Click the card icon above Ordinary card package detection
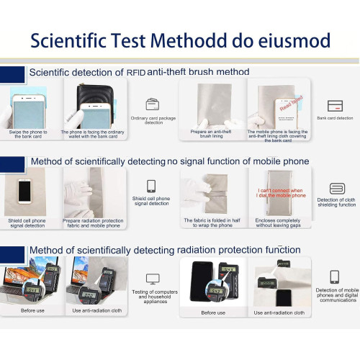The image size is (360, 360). (x=153, y=104)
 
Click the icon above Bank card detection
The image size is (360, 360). (x=334, y=105)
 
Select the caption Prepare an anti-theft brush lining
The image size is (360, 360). (x=211, y=135)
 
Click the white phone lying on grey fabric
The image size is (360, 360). (x=25, y=191)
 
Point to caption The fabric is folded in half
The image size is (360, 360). (x=212, y=222)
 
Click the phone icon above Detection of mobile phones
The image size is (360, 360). (x=334, y=277)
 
